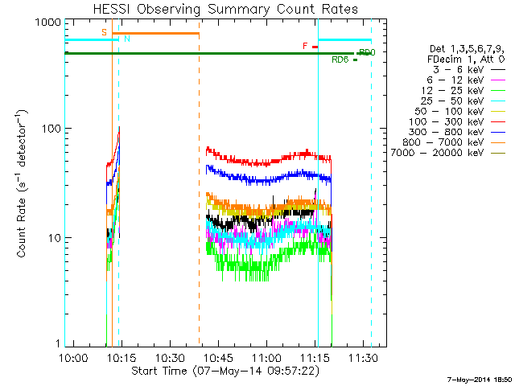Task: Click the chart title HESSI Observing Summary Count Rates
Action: point(225,9)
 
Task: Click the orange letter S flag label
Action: point(104,31)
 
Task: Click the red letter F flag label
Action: point(305,46)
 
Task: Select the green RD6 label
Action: point(340,60)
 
